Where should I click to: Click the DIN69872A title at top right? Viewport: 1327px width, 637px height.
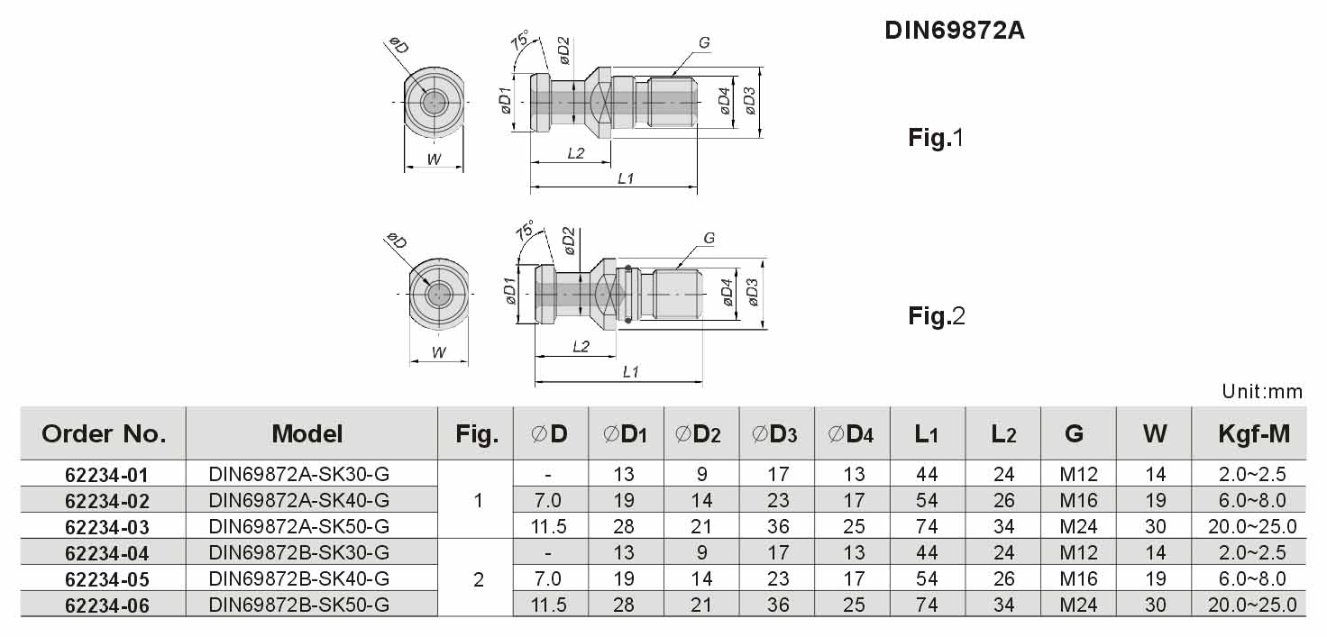(955, 31)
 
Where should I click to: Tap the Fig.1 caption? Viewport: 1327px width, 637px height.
(936, 138)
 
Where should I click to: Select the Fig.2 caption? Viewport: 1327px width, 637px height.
(937, 316)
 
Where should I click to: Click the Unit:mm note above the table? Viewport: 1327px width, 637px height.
(1262, 392)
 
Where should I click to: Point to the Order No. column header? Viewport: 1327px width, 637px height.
(104, 434)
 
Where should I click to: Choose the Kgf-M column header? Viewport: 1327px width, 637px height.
(1254, 434)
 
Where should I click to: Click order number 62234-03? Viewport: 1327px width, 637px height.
(106, 527)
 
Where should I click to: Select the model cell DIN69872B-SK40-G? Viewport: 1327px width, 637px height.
(299, 578)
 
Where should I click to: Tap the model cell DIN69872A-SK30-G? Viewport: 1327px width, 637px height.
(299, 474)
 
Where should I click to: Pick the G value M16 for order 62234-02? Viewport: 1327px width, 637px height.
(1078, 501)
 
